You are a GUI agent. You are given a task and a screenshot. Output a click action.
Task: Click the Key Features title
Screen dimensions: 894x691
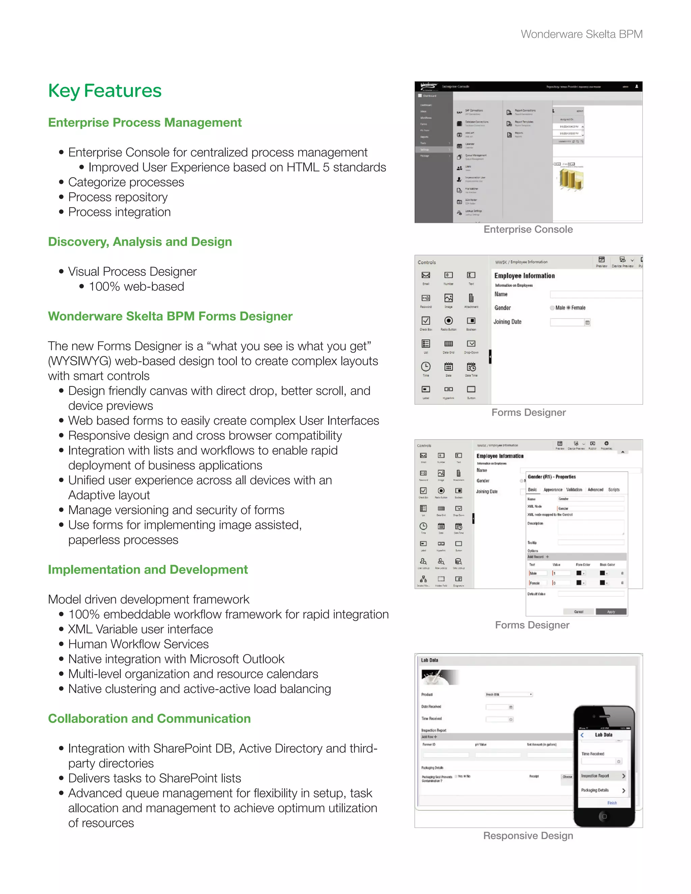pos(105,91)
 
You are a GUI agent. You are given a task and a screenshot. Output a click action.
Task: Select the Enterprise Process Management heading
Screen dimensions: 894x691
pos(145,122)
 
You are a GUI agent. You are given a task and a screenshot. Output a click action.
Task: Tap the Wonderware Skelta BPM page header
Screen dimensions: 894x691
pos(581,34)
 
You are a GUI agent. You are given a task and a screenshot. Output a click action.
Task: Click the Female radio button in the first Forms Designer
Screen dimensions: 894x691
pos(568,308)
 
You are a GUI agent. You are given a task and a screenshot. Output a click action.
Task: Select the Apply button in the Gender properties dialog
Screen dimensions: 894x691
pos(611,612)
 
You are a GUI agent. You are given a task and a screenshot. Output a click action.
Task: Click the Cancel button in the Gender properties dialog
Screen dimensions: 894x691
pos(578,612)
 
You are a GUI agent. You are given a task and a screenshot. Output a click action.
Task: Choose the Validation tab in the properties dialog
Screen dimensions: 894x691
pos(574,490)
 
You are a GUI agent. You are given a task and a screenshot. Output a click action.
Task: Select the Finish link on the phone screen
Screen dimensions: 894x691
pos(612,803)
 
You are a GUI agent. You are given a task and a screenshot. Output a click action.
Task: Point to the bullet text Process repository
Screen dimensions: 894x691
pos(118,197)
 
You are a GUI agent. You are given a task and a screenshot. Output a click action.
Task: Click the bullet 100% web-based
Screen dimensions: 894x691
pos(136,286)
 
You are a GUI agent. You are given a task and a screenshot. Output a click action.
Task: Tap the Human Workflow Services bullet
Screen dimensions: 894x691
pos(138,644)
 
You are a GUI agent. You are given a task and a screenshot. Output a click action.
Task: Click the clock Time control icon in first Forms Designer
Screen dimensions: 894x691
pos(426,366)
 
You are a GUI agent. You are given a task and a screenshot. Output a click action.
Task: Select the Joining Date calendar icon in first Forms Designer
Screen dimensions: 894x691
pos(587,323)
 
